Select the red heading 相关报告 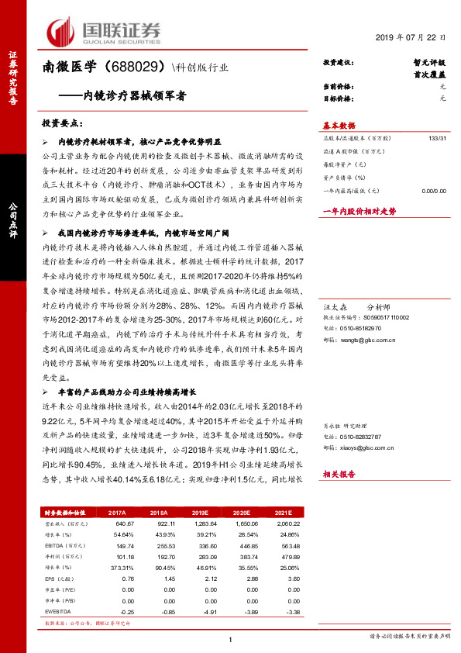coord(339,473)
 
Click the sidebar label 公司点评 coord(12,216)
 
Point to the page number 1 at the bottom coord(231,638)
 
